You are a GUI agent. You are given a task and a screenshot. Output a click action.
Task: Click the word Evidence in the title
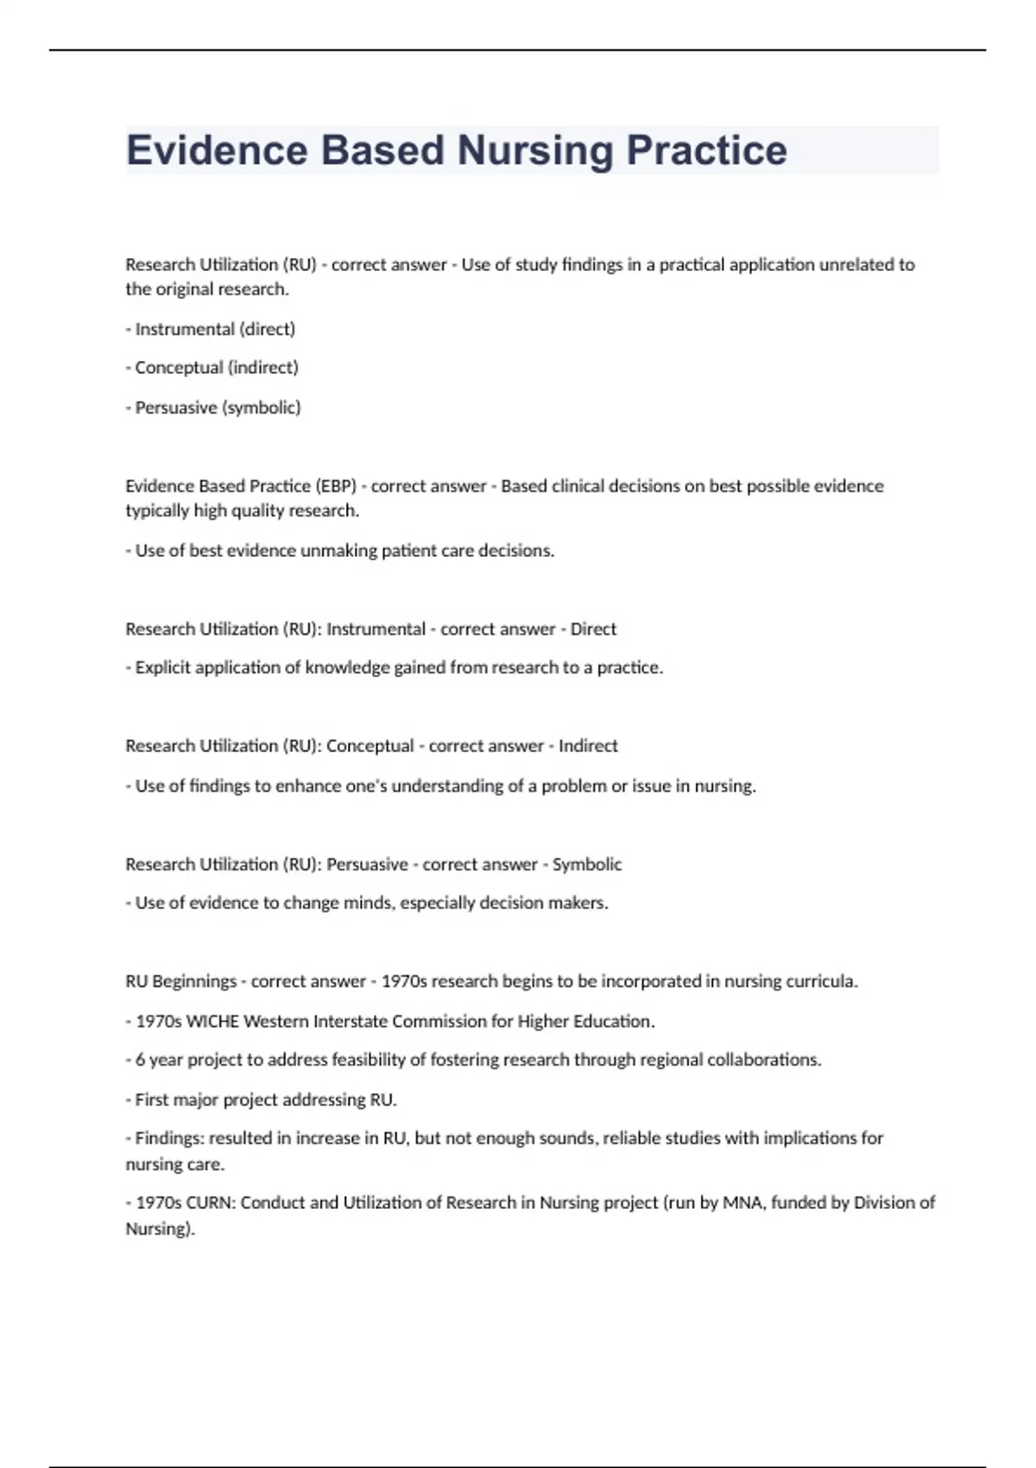217,150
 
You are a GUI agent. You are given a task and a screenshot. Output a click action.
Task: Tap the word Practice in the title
706,150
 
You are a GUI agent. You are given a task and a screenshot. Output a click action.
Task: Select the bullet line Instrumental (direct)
215,329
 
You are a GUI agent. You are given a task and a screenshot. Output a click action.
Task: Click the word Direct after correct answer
593,630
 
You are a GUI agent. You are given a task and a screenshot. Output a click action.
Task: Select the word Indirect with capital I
588,746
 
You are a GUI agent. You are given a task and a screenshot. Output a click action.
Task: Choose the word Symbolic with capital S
587,864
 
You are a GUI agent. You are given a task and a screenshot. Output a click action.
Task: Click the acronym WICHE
212,1022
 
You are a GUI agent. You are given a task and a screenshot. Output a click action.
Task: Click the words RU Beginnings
180,982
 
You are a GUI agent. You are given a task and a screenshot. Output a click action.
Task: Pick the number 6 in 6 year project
140,1060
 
